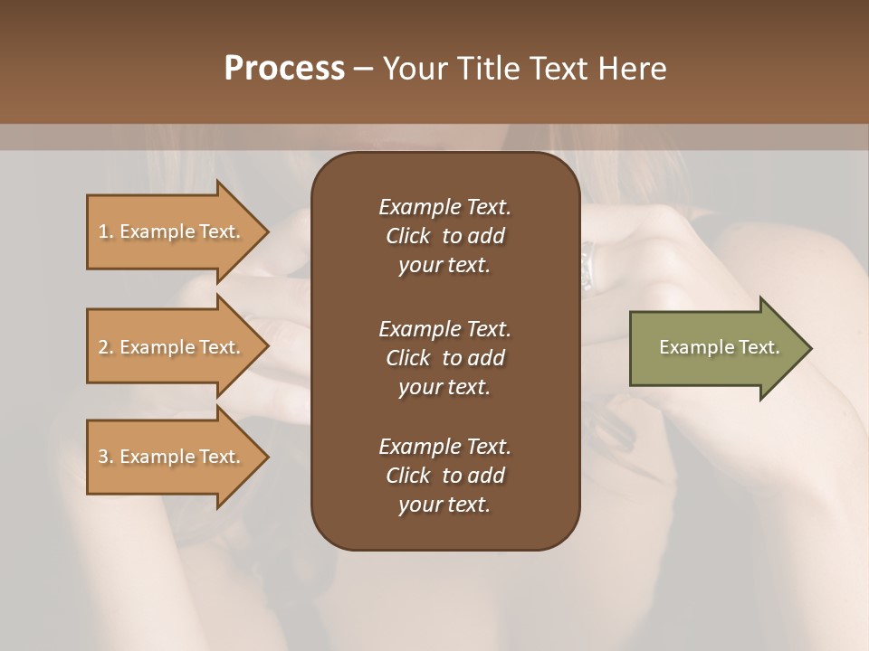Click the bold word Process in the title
284,69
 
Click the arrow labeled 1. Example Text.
172,231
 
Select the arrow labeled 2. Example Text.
172,347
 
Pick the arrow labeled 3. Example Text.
172,457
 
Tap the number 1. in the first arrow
106,231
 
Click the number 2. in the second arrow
106,347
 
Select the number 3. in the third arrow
106,457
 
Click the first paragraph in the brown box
444,236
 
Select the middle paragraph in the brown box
444,358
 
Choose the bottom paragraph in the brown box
444,476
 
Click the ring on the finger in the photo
587,268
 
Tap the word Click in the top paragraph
407,236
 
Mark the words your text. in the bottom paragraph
444,505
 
